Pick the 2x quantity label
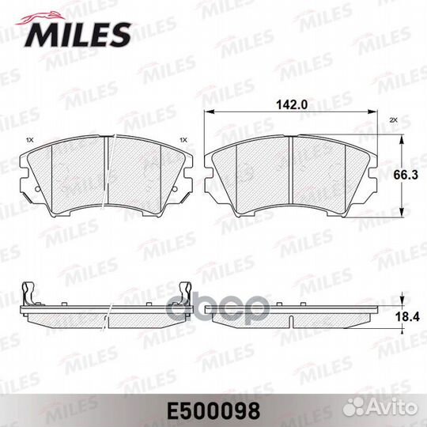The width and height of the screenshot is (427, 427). (392, 121)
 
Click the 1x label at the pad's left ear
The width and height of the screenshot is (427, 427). (30, 140)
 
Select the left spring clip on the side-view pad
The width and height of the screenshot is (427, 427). (28, 293)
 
